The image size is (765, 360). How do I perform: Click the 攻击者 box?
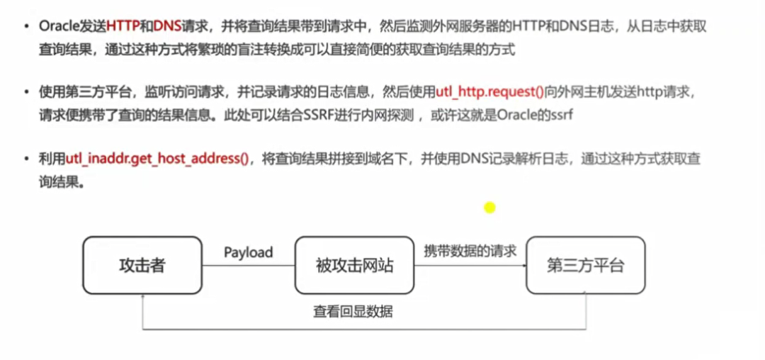[142, 266]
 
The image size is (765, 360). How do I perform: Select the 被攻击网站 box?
[354, 266]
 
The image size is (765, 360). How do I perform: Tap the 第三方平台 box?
[586, 266]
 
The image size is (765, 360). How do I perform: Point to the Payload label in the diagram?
[248, 252]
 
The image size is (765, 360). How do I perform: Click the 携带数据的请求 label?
[470, 252]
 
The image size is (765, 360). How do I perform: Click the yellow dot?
[489, 208]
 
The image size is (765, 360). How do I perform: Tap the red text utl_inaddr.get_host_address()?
[157, 159]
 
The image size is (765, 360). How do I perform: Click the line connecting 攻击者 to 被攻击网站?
[248, 266]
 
